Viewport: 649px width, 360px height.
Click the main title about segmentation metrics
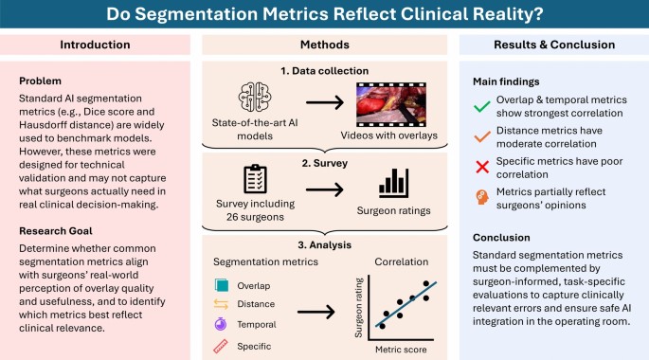pyautogui.click(x=324, y=15)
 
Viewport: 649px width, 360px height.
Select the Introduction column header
pyautogui.click(x=96, y=45)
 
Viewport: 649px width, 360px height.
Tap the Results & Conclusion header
pyautogui.click(x=553, y=45)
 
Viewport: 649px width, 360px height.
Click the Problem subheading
pyautogui.click(x=37, y=81)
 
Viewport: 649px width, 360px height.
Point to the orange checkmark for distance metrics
pyautogui.click(x=481, y=137)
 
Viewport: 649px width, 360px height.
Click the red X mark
pyautogui.click(x=481, y=169)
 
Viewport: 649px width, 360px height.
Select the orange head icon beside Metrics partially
pyautogui.click(x=481, y=199)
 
